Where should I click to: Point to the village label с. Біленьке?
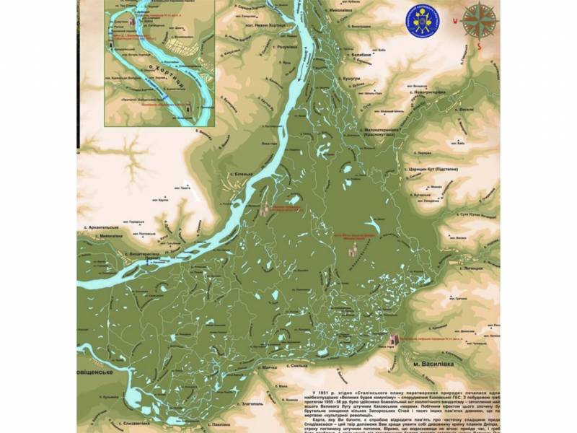tap(239, 175)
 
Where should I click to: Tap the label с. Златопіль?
tap(237, 403)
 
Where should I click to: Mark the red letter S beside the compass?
tap(478, 45)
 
